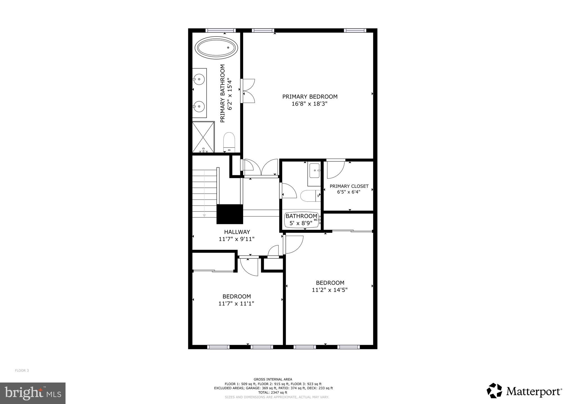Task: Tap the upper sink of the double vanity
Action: coord(199,79)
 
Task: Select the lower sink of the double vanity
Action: coord(199,106)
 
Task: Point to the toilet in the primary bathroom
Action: coord(229,142)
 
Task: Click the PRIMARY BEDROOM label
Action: coord(310,97)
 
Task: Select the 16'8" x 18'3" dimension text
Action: coord(309,104)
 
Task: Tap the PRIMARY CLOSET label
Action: coord(349,186)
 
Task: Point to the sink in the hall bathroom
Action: coord(315,170)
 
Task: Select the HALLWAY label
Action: coord(237,232)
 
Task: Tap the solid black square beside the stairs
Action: coord(230,214)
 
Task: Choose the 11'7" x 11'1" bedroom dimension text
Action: coord(236,304)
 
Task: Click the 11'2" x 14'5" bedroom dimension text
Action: coord(330,290)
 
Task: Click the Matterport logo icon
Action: coord(494,391)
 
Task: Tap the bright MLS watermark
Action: coord(33,393)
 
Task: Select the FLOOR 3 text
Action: coord(22,371)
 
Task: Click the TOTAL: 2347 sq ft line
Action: coord(273,392)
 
